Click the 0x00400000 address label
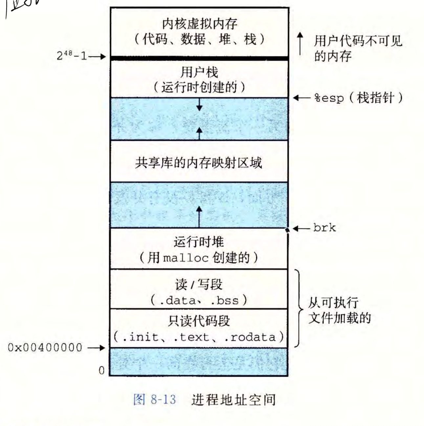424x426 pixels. (45, 348)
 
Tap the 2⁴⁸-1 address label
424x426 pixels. (72, 56)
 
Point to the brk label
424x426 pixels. (324, 228)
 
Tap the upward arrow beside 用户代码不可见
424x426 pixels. (300, 43)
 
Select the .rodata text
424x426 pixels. (253, 337)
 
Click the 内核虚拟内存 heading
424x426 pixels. (199, 24)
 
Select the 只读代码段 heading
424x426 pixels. (199, 321)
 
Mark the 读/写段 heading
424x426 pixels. (199, 284)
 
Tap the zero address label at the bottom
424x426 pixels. (101, 370)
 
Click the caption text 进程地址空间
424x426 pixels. (233, 399)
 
